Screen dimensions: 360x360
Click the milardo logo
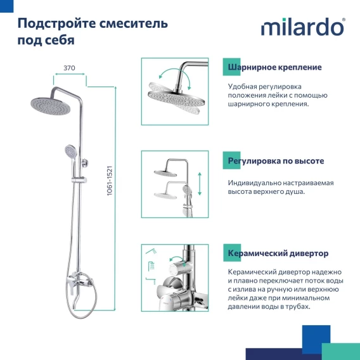click(303, 27)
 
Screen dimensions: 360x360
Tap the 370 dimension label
click(69, 68)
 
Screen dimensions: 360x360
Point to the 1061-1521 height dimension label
click(110, 181)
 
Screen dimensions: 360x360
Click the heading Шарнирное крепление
click(274, 67)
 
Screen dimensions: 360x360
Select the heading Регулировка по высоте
click(276, 161)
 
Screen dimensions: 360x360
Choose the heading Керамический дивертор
click(278, 254)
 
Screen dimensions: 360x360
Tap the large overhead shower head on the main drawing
click(50, 106)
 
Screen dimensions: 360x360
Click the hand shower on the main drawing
click(71, 154)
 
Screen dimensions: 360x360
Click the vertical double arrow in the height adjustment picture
click(200, 184)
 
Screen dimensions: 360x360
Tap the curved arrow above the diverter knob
click(178, 258)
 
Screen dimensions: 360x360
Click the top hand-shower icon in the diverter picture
click(151, 251)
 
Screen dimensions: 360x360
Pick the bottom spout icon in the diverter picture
click(151, 281)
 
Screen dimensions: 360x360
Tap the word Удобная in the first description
click(242, 87)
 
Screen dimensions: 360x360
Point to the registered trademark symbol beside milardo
click(344, 20)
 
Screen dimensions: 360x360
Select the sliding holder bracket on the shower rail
click(79, 180)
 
